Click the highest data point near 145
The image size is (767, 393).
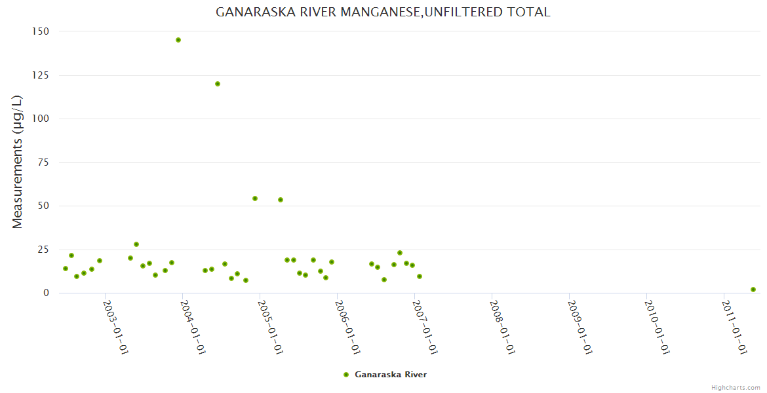click(x=178, y=40)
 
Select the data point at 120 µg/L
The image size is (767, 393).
click(x=218, y=84)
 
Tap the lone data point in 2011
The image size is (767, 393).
click(x=753, y=290)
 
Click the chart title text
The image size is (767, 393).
click(x=383, y=12)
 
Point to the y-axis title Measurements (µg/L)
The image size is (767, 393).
click(x=18, y=162)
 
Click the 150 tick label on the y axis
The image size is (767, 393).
click(x=41, y=31)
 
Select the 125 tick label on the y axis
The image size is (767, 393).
click(x=41, y=75)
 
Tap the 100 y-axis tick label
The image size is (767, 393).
click(x=41, y=119)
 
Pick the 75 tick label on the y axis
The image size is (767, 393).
click(x=43, y=162)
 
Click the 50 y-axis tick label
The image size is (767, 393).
click(x=43, y=206)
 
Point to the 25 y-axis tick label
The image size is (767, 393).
click(x=43, y=250)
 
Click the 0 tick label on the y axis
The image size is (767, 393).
click(x=46, y=293)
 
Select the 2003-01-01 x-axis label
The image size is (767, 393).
click(x=115, y=327)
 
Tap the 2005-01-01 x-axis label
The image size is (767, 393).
click(x=270, y=327)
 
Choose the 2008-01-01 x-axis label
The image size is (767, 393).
click(x=502, y=327)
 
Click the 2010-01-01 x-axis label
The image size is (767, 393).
click(x=657, y=327)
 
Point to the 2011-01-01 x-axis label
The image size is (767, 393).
click(x=734, y=327)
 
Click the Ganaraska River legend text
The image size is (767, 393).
click(x=391, y=375)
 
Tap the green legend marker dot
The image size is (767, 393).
click(x=346, y=375)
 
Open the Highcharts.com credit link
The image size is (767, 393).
click(x=736, y=387)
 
